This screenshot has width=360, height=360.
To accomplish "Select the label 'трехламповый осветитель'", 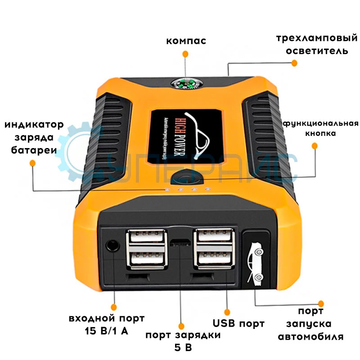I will (312, 44).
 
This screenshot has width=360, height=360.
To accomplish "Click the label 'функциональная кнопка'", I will (320, 128).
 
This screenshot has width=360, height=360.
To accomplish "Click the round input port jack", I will (112, 246).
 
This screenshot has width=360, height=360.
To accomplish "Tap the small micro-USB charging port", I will (180, 243).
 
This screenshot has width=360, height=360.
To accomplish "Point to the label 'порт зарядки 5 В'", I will (183, 341).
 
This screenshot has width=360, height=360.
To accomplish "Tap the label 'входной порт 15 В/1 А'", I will (107, 325).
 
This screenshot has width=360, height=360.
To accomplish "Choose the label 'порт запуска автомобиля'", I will (310, 324).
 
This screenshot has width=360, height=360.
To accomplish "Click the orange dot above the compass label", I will (185, 54).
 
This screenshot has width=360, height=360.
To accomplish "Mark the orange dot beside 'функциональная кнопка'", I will (315, 146).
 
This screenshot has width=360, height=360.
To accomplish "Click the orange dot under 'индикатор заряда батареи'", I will (32, 165).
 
